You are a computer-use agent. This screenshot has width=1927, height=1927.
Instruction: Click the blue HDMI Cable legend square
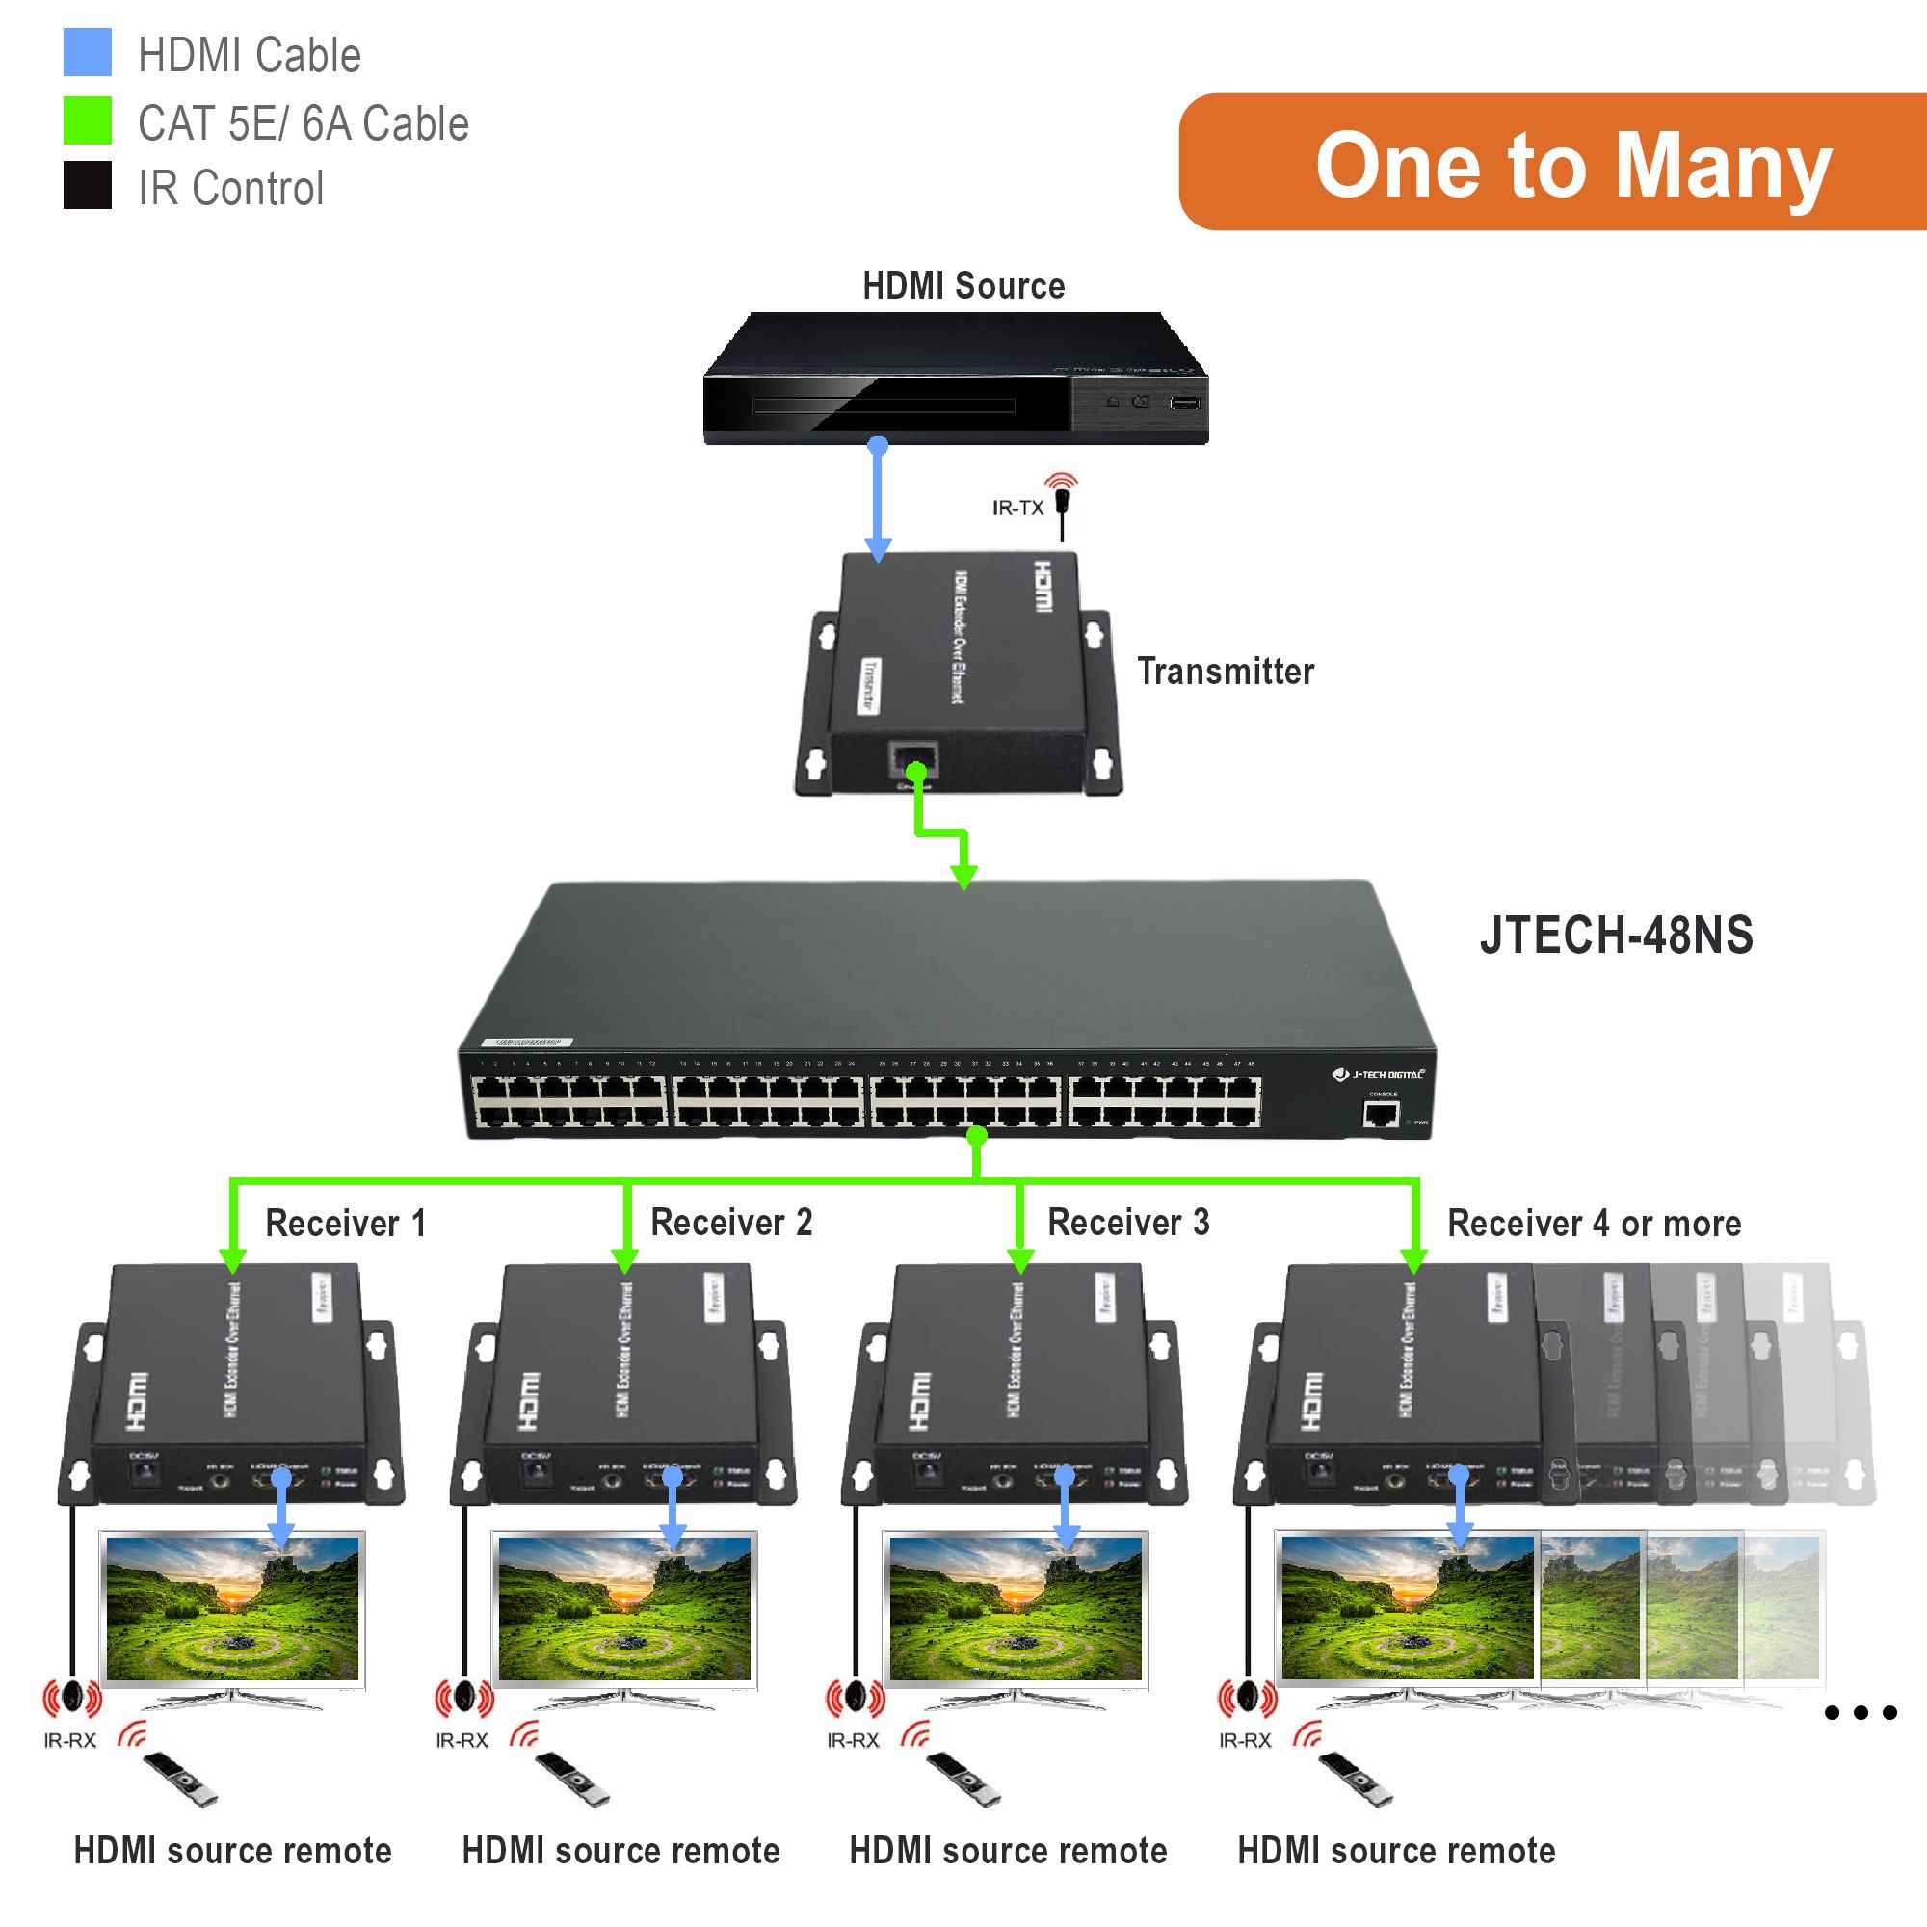tap(87, 52)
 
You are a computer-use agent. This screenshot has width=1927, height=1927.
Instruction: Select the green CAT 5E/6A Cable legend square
tap(87, 119)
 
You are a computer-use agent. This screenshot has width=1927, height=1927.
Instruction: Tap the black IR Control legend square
tap(87, 185)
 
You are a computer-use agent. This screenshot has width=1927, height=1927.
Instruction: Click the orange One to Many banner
tap(1552, 163)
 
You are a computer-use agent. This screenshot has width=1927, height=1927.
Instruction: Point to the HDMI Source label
tap(963, 286)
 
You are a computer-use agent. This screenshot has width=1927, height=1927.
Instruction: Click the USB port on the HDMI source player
tap(1185, 403)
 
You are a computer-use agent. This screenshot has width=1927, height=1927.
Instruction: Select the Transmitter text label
tap(1225, 672)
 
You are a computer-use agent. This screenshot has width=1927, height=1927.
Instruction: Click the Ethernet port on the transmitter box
tap(912, 760)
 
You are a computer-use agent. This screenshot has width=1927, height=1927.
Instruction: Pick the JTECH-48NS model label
tap(1616, 936)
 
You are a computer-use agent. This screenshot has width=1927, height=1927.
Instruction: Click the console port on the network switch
tap(1382, 1112)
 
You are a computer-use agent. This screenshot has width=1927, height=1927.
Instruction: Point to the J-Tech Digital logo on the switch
tap(1380, 1074)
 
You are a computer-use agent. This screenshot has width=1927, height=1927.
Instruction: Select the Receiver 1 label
tap(345, 1223)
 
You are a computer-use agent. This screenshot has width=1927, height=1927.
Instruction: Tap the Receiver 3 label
tap(1128, 1222)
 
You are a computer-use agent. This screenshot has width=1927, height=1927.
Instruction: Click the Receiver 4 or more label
tap(1594, 1223)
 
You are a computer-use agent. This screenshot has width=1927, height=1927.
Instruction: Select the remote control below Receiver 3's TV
tap(963, 1780)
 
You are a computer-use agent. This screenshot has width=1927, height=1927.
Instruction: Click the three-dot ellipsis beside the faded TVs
tap(1861, 1712)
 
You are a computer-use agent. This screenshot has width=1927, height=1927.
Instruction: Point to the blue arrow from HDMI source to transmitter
tap(878, 499)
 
